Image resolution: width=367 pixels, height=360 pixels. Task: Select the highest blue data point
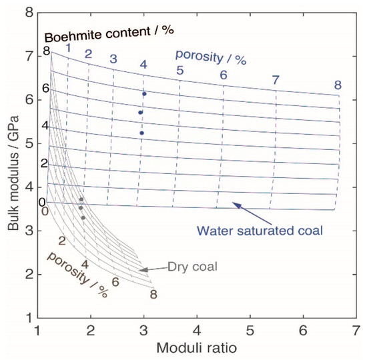(x=144, y=94)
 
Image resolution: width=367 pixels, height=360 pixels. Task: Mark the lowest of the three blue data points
(x=141, y=133)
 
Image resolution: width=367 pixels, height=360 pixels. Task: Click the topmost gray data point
(x=81, y=199)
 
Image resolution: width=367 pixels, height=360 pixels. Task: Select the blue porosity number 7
(x=276, y=80)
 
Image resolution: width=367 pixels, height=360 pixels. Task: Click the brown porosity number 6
(x=115, y=281)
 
